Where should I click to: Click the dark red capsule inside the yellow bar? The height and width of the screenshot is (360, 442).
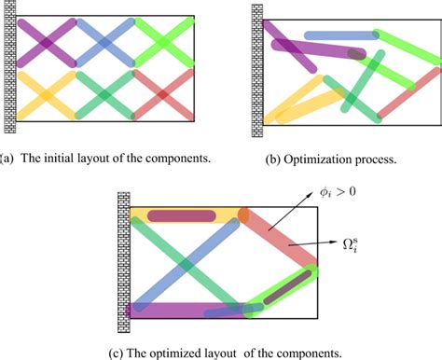(x=182, y=216)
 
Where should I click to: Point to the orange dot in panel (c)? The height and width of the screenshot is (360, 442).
(x=243, y=215)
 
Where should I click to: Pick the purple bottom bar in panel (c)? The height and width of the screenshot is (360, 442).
(x=177, y=310)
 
